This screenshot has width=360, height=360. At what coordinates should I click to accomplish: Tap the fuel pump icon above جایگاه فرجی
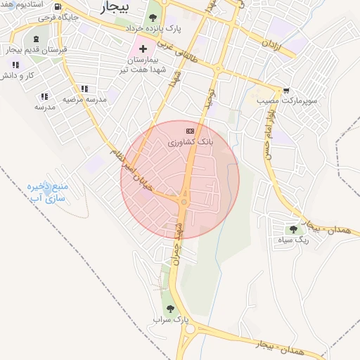[x=57, y=7]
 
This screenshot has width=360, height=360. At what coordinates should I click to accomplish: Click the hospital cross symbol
[x=143, y=49]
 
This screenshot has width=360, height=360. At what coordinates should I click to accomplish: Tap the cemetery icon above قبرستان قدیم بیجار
[x=36, y=39]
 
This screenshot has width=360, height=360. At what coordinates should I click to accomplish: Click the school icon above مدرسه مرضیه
[x=84, y=89]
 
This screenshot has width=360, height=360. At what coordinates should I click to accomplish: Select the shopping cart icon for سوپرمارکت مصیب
[x=286, y=91]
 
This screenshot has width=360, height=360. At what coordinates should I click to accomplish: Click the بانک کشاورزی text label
[x=188, y=142]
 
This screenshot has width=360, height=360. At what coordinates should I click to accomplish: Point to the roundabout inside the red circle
[x=184, y=202]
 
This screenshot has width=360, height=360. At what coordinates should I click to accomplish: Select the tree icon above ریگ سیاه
[x=293, y=229]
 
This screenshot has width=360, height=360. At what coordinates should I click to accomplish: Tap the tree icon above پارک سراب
[x=169, y=308]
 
